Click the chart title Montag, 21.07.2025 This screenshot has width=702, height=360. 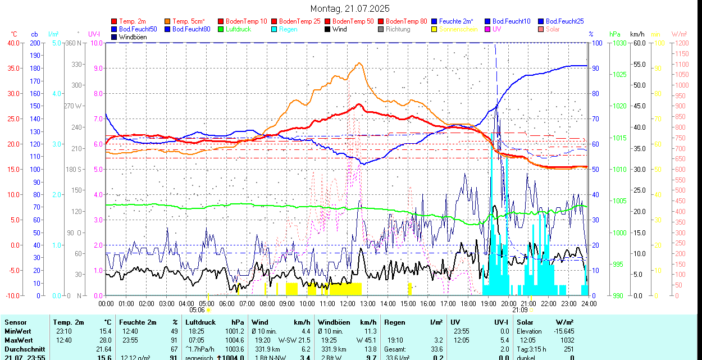coord(350,8)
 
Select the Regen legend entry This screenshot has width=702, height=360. coord(288,29)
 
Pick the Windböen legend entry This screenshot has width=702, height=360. coord(134,37)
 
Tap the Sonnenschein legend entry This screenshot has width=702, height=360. coord(458,29)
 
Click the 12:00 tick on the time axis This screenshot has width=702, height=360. coord(348,304)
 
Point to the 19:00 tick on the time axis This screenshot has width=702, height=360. coord(489,304)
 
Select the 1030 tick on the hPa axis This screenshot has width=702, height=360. coord(619,43)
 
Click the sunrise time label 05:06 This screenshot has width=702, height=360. coord(197,309)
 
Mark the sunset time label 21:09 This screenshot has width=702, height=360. coord(519,309)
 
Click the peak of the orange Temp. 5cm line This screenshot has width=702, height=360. coord(358,63)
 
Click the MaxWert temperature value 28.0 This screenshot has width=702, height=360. coord(104,340)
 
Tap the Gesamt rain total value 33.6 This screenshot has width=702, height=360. coord(435,349)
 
